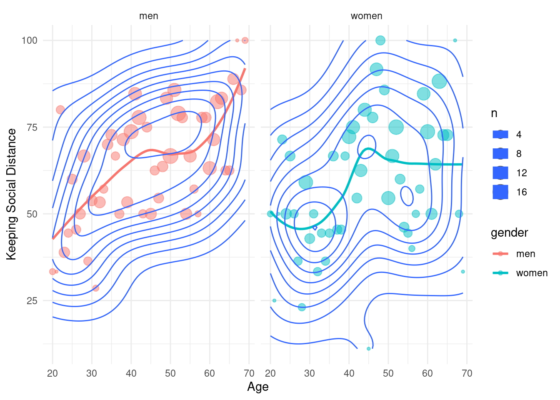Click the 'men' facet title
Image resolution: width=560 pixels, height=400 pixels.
(148, 16)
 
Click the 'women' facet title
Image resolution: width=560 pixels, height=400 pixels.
(366, 16)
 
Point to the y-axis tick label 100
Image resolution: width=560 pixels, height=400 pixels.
(30, 40)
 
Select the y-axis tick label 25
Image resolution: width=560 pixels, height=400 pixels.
(32, 301)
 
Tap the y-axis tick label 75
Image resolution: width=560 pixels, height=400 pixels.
(32, 127)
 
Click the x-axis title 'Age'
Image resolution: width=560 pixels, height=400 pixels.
(257, 387)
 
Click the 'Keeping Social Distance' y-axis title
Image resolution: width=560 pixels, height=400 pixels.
(12, 194)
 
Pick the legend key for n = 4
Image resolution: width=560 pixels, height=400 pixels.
(500, 134)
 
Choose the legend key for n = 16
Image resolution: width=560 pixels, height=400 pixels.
(500, 192)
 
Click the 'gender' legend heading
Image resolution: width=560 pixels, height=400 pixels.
(509, 232)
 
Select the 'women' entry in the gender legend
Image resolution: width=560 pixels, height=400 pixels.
(531, 273)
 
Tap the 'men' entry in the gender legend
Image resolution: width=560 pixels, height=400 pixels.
(525, 254)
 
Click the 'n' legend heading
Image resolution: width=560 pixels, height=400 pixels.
(494, 113)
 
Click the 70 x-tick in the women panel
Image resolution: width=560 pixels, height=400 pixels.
(467, 373)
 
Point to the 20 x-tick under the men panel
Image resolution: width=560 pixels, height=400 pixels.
(52, 373)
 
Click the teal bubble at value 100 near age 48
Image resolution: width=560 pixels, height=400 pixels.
(380, 40)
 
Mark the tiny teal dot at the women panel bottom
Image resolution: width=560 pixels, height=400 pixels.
(368, 348)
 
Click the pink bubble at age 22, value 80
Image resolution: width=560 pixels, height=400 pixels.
(60, 110)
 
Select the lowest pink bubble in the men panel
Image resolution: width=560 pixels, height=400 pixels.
(96, 288)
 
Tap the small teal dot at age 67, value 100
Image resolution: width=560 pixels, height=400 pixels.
(455, 40)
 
